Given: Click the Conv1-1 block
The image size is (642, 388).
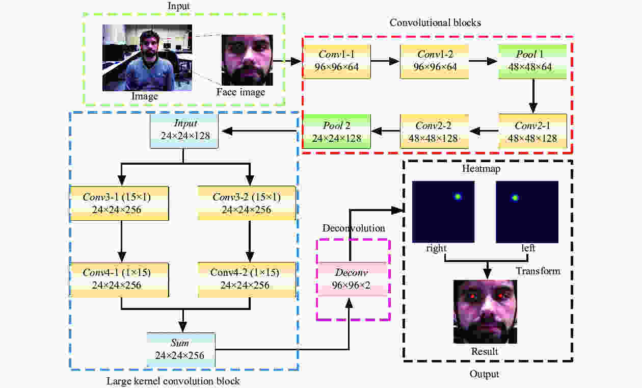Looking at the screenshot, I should [x=337, y=61].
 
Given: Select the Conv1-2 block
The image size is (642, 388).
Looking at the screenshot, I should [x=435, y=61].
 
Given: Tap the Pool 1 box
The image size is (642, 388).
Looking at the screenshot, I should [x=532, y=61].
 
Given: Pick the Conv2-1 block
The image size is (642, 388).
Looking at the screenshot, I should [x=532, y=132].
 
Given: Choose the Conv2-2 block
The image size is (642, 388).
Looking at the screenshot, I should [x=435, y=132].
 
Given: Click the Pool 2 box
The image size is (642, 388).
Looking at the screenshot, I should [x=337, y=132].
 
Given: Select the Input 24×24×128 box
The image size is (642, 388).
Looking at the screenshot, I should [x=184, y=131].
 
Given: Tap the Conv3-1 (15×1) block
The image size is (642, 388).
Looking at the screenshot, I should [x=119, y=203].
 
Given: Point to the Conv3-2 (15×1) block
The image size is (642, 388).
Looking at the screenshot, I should [x=247, y=203].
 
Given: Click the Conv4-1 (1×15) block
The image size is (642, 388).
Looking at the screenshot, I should [x=119, y=279].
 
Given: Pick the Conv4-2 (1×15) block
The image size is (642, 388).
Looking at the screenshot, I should [x=247, y=279].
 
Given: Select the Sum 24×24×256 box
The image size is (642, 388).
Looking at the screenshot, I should [x=181, y=350].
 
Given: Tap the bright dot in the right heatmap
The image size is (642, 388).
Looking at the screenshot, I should [x=458, y=197].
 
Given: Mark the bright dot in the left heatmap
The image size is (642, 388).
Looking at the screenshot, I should [x=515, y=198].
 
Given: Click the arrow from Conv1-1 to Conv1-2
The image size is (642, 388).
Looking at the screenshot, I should [x=385, y=61].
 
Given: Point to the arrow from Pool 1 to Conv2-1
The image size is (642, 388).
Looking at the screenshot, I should [x=532, y=97].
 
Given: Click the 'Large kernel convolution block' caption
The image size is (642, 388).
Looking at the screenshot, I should [x=173, y=381].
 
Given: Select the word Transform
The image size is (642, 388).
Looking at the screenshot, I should [x=538, y=271].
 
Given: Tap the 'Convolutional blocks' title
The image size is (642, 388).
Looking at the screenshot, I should [x=435, y=22].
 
